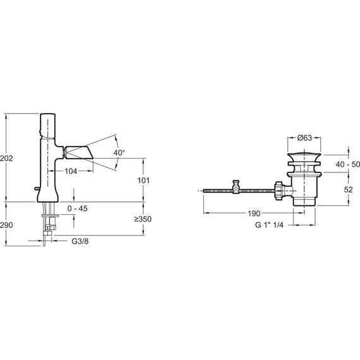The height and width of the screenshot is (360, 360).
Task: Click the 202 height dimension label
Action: [6, 158]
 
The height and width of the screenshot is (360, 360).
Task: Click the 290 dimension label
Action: [6, 225]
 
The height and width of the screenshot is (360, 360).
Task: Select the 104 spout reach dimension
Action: [71, 171]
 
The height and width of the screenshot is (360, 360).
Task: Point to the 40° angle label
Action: [119, 153]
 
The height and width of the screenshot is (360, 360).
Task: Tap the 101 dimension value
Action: [143, 181]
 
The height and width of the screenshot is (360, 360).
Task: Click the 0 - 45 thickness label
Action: [78, 208]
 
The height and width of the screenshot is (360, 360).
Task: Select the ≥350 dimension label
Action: [143, 219]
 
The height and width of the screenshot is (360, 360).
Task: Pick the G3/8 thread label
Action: [80, 241]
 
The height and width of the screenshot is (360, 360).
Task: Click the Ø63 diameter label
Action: [304, 138]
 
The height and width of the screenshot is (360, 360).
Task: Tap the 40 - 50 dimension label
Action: [347, 164]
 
